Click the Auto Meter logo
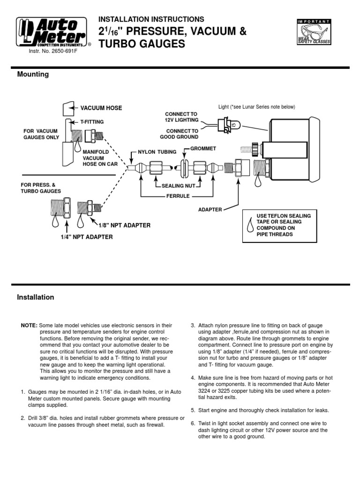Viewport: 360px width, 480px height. (x=52, y=33)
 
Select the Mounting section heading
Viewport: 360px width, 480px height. (x=33, y=75)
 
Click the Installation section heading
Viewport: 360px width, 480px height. (x=36, y=297)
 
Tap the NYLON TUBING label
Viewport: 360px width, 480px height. (x=157, y=152)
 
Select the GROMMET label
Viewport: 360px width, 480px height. (x=202, y=148)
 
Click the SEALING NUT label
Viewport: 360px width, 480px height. (x=178, y=186)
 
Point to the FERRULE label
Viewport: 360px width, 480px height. (x=178, y=196)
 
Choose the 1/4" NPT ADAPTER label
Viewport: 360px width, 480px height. (x=87, y=237)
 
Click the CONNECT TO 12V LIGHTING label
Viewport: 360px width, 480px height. (x=181, y=117)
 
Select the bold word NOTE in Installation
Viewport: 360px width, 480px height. (x=29, y=325)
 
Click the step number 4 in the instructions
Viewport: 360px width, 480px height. (x=193, y=378)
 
